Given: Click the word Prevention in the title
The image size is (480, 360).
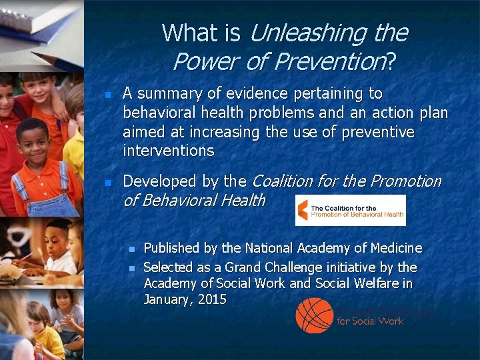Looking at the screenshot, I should [327, 61].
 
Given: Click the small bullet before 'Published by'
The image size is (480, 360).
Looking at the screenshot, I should [131, 249].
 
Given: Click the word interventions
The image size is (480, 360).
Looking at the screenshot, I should [168, 151].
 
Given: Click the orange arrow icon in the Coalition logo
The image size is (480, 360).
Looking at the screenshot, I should [303, 210].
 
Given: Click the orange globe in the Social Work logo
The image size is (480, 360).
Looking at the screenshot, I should [315, 314].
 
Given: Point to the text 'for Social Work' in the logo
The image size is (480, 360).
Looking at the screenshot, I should [370, 321].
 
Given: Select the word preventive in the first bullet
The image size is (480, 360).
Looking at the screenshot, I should [378, 132].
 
